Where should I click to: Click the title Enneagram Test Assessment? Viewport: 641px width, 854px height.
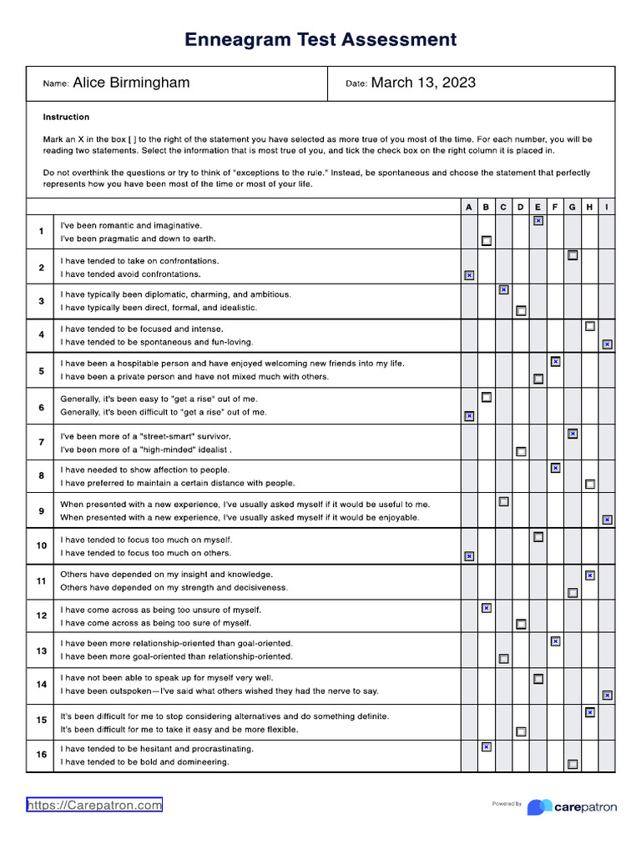[320, 39]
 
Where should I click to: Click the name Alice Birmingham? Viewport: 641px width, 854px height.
[131, 83]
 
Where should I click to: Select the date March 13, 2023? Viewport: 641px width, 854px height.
[423, 83]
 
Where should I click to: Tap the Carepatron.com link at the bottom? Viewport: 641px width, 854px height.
[94, 805]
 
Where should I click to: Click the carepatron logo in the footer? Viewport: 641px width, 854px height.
[573, 806]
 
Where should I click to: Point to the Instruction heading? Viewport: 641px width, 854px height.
[66, 117]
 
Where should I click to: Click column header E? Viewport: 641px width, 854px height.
[538, 207]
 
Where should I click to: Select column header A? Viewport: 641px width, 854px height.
[469, 207]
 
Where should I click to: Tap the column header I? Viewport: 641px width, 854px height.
[607, 207]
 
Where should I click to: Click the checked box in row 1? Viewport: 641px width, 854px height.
[538, 221]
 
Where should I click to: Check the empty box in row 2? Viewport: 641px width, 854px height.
[573, 255]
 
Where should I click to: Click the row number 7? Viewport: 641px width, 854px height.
[41, 441]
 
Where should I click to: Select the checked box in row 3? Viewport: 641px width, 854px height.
[503, 289]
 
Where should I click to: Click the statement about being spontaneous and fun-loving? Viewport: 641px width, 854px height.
[157, 342]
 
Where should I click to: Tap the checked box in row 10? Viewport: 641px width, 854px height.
[469, 555]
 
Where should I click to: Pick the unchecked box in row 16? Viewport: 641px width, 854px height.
[573, 764]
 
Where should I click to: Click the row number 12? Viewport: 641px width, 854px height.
[41, 615]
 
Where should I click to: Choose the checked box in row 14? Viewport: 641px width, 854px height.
[607, 695]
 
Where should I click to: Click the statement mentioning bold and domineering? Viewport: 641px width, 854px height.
[144, 762]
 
